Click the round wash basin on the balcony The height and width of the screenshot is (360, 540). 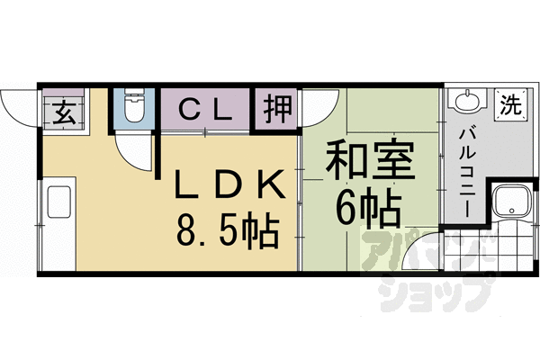[466, 102]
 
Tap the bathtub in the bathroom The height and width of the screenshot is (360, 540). [511, 203]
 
